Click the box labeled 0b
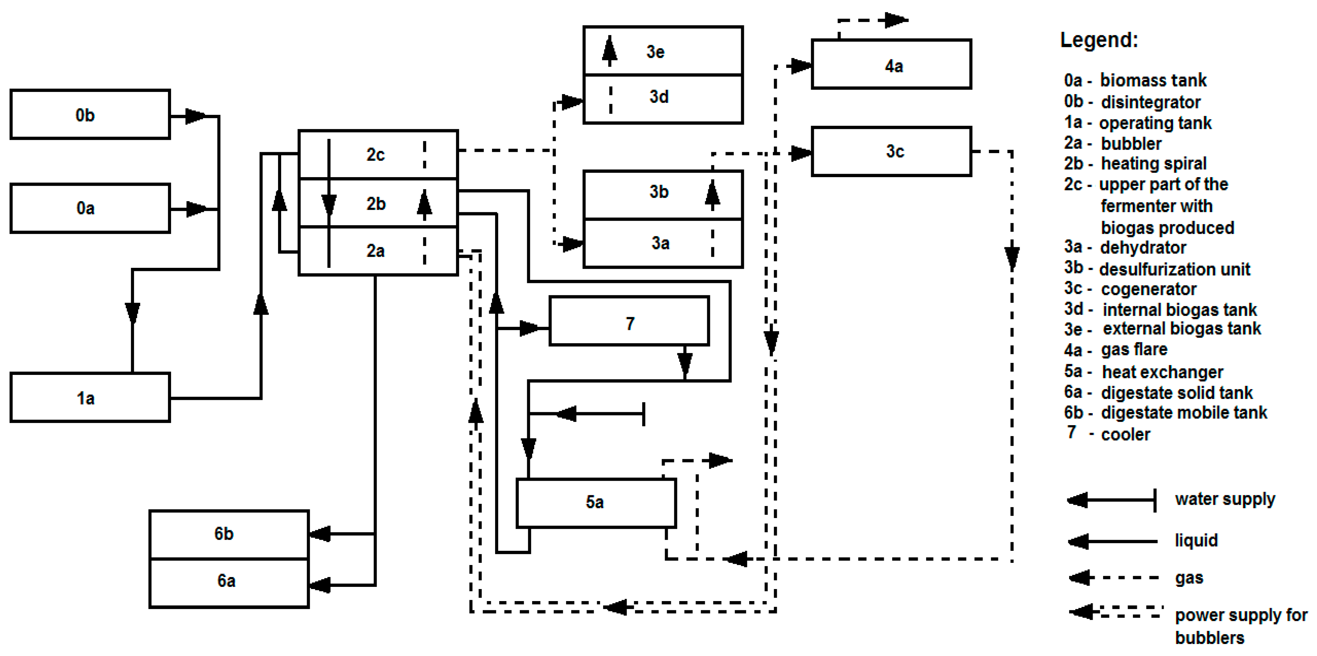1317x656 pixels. [x=90, y=114]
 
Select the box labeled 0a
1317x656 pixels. [x=90, y=208]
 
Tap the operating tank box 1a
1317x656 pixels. [x=90, y=398]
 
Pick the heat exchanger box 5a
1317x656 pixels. [x=596, y=502]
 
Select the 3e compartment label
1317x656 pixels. [x=655, y=51]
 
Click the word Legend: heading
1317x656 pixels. [x=1099, y=40]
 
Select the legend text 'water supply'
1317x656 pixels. [x=1225, y=499]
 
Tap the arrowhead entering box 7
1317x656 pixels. [x=532, y=328]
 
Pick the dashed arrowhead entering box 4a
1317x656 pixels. [x=800, y=66]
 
